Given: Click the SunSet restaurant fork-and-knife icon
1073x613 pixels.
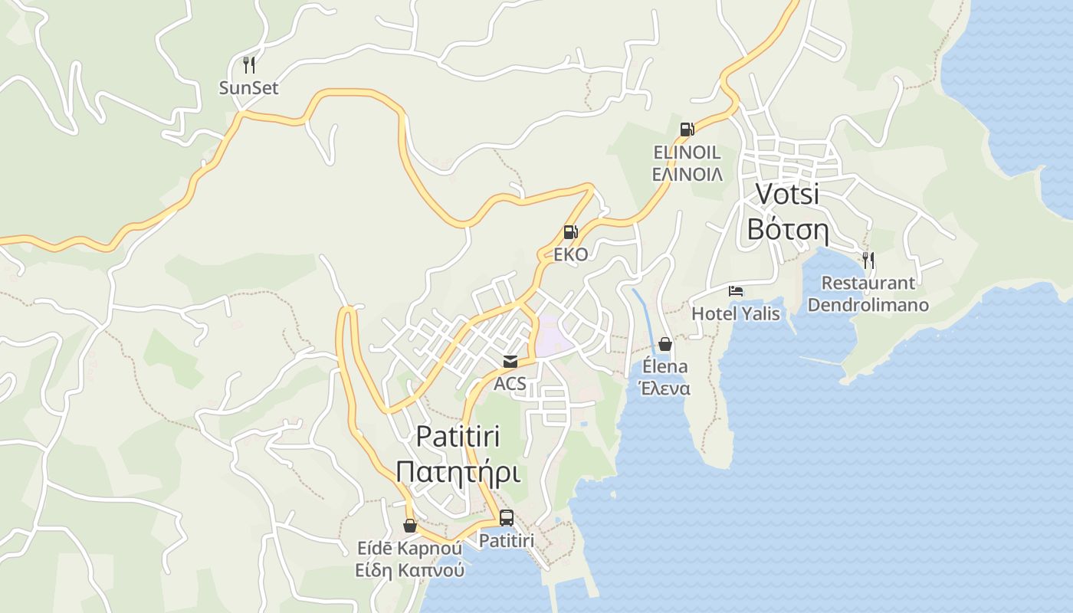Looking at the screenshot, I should click(x=248, y=64).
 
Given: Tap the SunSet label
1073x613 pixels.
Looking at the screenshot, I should click(x=248, y=88).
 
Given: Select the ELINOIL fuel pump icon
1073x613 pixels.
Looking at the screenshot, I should click(x=687, y=129).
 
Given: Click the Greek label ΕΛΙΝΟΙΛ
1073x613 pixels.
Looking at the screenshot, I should click(x=687, y=175).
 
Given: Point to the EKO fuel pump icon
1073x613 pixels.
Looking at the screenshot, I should click(x=570, y=231).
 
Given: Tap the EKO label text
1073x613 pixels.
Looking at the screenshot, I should click(x=570, y=254).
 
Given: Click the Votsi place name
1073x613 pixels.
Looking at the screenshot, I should click(x=788, y=194).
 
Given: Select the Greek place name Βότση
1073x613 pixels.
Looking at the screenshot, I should click(x=788, y=229).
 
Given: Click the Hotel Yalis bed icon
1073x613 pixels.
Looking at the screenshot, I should click(x=736, y=291).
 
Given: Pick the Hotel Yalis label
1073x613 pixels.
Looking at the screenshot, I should click(x=736, y=313).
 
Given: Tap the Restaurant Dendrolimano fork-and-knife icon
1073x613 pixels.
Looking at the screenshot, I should click(x=868, y=261).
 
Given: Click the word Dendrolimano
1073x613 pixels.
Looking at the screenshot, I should click(x=868, y=305).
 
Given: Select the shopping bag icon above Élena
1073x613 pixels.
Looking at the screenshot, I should click(x=664, y=344).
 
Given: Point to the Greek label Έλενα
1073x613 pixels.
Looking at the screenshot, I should click(x=664, y=388).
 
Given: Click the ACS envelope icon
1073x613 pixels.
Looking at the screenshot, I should click(x=510, y=362).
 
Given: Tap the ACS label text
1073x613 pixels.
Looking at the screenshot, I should click(x=510, y=383).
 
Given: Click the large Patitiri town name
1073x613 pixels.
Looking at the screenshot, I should click(x=458, y=436).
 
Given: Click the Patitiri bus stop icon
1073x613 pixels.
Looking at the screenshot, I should click(x=506, y=518).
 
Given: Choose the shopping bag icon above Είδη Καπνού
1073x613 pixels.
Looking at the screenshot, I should click(x=410, y=526).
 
